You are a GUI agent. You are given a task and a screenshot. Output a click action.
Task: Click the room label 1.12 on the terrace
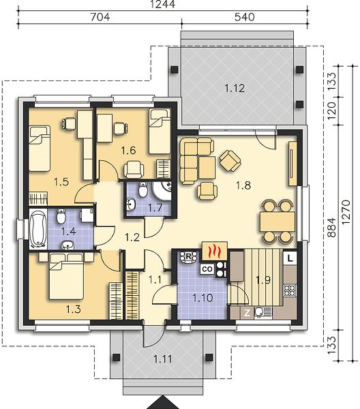click(x=235, y=88)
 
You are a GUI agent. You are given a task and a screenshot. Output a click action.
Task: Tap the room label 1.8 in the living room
click(x=243, y=185)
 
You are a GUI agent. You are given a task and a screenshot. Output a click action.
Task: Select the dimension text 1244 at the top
click(x=163, y=5)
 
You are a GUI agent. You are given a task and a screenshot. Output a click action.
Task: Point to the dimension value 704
click(x=100, y=17)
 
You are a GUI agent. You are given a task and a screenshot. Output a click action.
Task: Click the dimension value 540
click(x=245, y=17)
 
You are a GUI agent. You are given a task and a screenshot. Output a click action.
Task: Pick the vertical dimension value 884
click(x=331, y=227)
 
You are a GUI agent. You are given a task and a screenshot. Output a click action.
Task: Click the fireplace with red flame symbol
click(x=215, y=251)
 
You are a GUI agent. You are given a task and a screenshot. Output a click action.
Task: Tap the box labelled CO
click(x=207, y=269)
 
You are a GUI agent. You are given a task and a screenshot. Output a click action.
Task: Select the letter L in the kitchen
click(x=290, y=258)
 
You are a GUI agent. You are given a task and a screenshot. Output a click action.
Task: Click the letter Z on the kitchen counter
click(x=247, y=313)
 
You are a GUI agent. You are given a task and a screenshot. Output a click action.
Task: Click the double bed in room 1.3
click(x=66, y=275)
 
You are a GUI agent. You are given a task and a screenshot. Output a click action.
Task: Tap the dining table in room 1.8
click(x=277, y=222)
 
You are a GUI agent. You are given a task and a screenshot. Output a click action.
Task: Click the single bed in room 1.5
click(x=40, y=148)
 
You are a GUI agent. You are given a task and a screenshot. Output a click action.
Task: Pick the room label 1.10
click(x=202, y=298)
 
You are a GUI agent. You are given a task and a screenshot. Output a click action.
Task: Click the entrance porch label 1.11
click(x=163, y=359)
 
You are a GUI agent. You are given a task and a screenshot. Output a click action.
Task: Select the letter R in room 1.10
click(x=187, y=256)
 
